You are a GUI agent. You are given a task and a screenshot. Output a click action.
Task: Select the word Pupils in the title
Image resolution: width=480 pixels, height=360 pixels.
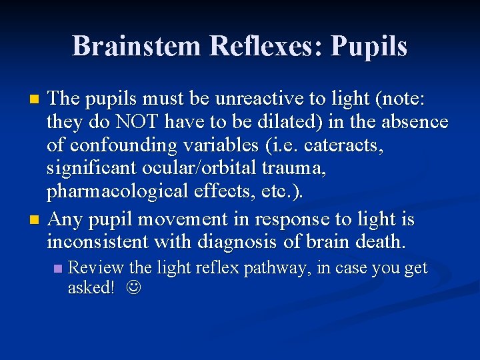(369, 46)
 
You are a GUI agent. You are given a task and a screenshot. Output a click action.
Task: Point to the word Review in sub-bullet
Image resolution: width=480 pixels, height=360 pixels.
(96, 268)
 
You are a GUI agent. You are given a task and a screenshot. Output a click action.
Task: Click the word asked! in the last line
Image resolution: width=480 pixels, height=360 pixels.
(91, 287)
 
